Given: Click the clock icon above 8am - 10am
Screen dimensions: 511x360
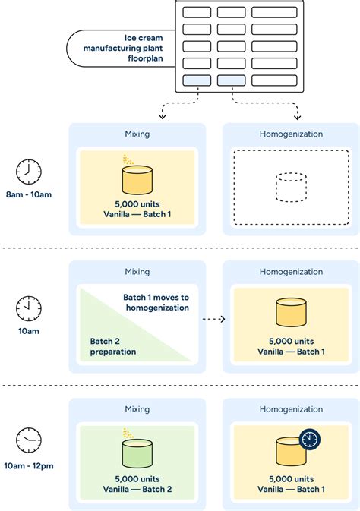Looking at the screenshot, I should pos(28,172).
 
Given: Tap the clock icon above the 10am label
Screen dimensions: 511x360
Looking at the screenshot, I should pos(28,308).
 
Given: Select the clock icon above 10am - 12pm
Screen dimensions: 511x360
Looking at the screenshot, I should pos(28,440).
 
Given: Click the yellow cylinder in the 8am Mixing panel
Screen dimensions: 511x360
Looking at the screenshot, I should pos(137,180).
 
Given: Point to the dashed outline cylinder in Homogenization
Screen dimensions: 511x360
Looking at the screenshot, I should pos(290,187).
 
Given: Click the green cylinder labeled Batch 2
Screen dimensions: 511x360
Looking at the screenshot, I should pos(137,454).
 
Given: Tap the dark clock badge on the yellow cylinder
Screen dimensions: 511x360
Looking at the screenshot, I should pos(310,440).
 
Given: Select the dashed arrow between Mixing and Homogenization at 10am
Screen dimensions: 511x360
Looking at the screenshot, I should pos(215,319).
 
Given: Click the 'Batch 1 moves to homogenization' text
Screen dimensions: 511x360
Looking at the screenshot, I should pos(156,302).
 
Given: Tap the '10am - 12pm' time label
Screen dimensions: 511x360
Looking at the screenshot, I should pos(28,465).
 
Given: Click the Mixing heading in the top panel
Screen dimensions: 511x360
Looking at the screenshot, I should pos(137,134).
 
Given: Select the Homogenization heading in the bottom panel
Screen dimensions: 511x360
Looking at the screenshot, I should pos(290,409).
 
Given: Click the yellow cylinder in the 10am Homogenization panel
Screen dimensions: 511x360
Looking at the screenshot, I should pos(290,313).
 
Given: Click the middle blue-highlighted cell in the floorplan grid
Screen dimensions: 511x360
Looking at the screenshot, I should pos(231,80).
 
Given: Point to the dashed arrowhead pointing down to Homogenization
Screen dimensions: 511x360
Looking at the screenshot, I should pos(298,116).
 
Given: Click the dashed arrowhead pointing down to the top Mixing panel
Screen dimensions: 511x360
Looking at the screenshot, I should pos(162,116).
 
